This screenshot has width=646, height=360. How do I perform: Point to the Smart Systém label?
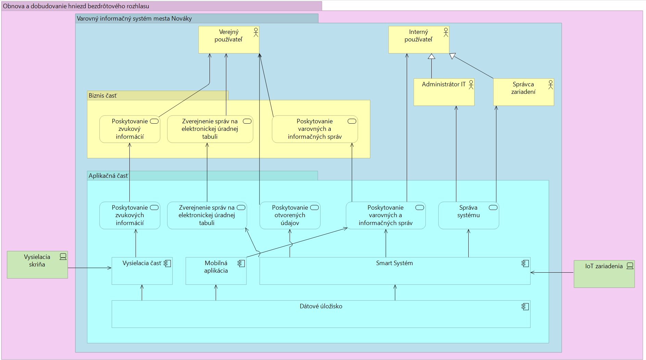coord(394,263)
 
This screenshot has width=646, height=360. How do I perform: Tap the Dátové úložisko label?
coord(321,306)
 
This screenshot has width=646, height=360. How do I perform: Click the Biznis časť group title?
coord(103,96)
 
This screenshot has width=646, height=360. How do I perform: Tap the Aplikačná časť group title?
coord(108,176)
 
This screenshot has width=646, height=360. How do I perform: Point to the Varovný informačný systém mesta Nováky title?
coord(134,18)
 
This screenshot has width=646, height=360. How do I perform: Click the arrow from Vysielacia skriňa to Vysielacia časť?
coord(89,268)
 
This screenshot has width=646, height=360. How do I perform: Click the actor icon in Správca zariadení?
coord(550,84)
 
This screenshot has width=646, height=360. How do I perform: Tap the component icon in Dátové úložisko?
coord(525,307)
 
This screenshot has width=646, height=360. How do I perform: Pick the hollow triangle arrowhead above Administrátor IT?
coord(431,56)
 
